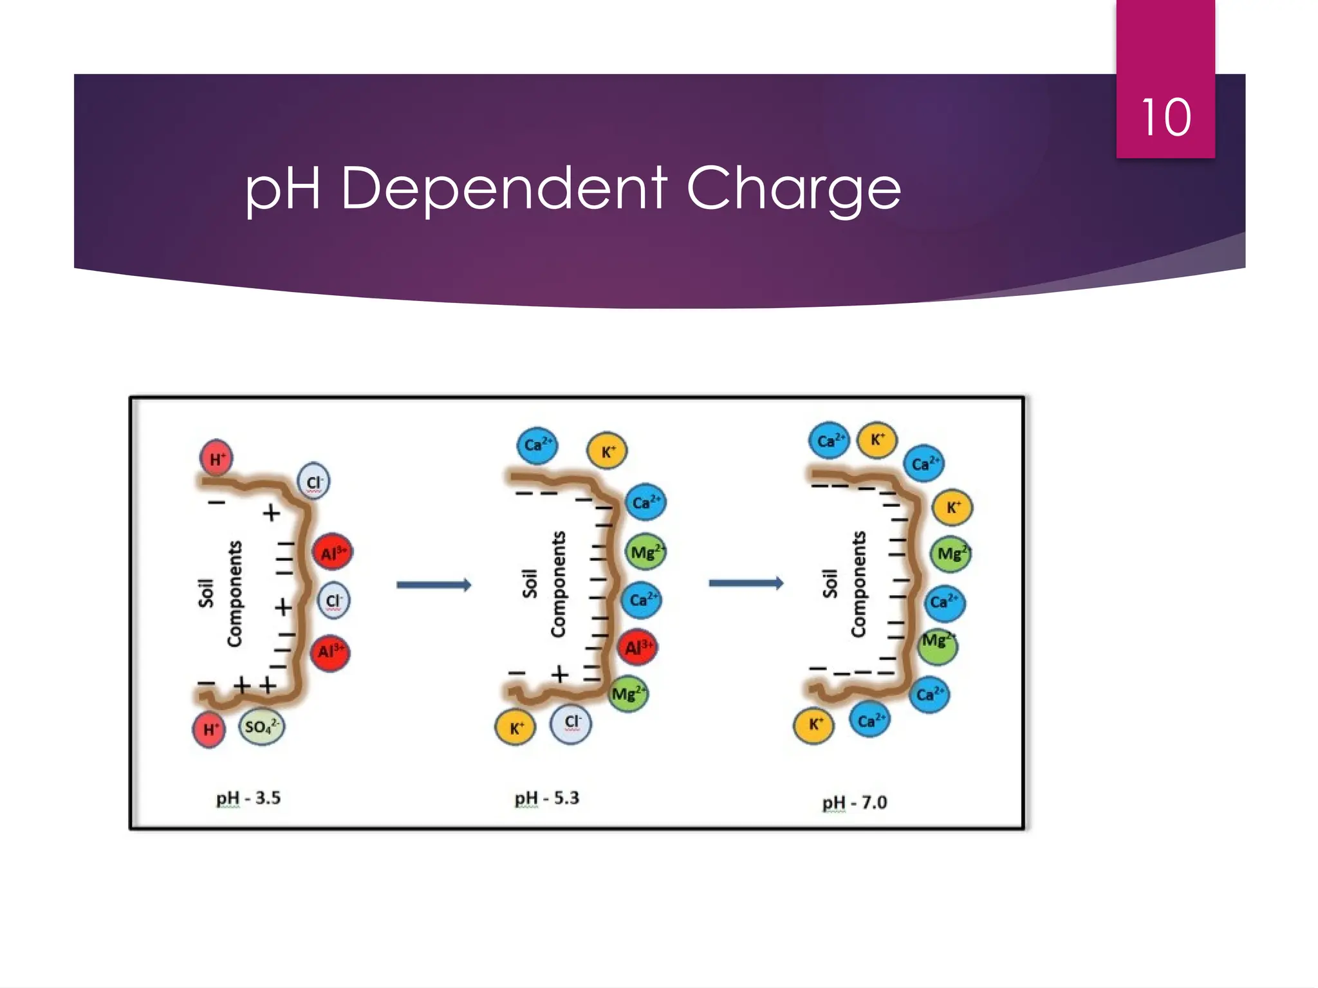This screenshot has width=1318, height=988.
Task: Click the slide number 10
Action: [1165, 118]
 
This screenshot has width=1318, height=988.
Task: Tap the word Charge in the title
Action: [794, 189]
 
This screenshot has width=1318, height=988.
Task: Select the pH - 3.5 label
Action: [248, 798]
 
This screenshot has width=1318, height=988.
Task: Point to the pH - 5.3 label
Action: [547, 798]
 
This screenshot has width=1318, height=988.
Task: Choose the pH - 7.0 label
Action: [855, 803]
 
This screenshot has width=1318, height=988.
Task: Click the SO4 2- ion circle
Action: [261, 727]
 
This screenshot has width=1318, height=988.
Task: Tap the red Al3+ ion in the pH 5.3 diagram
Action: [638, 647]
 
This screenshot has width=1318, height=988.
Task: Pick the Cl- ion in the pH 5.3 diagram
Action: [571, 723]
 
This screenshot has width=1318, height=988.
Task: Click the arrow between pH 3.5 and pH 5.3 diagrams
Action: [434, 585]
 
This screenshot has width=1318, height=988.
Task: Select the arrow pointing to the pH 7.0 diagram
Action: [746, 583]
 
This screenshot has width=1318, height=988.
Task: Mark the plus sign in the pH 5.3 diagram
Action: [560, 674]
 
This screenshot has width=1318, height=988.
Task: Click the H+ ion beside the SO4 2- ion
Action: [210, 729]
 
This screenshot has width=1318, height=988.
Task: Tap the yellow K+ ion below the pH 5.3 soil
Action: [515, 728]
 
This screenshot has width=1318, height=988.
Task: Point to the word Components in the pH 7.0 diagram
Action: [858, 584]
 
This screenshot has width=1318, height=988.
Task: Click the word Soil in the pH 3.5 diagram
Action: [206, 593]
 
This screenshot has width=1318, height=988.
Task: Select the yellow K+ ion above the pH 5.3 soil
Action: [607, 451]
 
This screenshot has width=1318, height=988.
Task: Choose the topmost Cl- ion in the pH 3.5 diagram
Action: [314, 482]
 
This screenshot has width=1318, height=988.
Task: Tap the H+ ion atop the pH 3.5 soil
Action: [217, 459]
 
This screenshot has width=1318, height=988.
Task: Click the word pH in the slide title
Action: [283, 189]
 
